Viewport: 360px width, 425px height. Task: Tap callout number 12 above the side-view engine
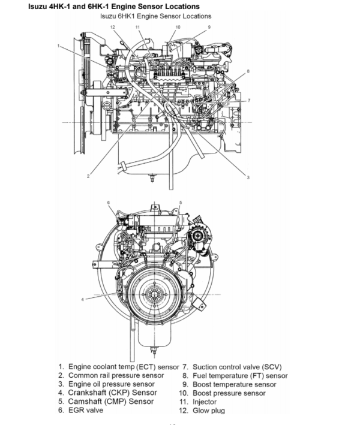click(112, 28)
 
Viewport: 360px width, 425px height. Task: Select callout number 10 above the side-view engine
click(178, 27)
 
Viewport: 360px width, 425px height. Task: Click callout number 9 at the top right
click(209, 27)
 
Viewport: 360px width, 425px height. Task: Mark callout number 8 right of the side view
click(247, 71)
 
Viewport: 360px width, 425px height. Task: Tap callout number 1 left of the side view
click(59, 46)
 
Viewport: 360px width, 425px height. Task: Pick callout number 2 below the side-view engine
click(88, 176)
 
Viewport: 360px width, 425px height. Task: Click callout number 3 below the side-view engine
click(247, 177)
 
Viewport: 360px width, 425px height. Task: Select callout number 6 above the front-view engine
click(109, 203)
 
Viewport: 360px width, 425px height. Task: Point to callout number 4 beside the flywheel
click(82, 299)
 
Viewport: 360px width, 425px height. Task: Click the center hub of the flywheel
click(151, 296)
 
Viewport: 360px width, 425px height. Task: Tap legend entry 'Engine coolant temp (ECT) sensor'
click(124, 366)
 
